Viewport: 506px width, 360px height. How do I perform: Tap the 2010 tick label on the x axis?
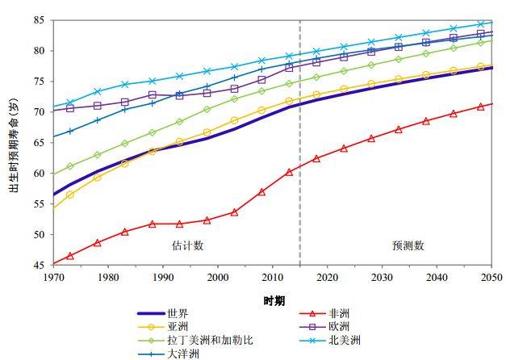point(272,277)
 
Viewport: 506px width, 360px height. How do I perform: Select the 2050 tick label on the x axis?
point(491,277)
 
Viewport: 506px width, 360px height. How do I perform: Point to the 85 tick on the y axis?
point(40,19)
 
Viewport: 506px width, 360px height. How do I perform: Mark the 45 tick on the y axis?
point(40,265)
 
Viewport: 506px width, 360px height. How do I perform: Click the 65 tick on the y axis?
point(40,142)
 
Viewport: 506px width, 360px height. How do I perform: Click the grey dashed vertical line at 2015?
point(299,161)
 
